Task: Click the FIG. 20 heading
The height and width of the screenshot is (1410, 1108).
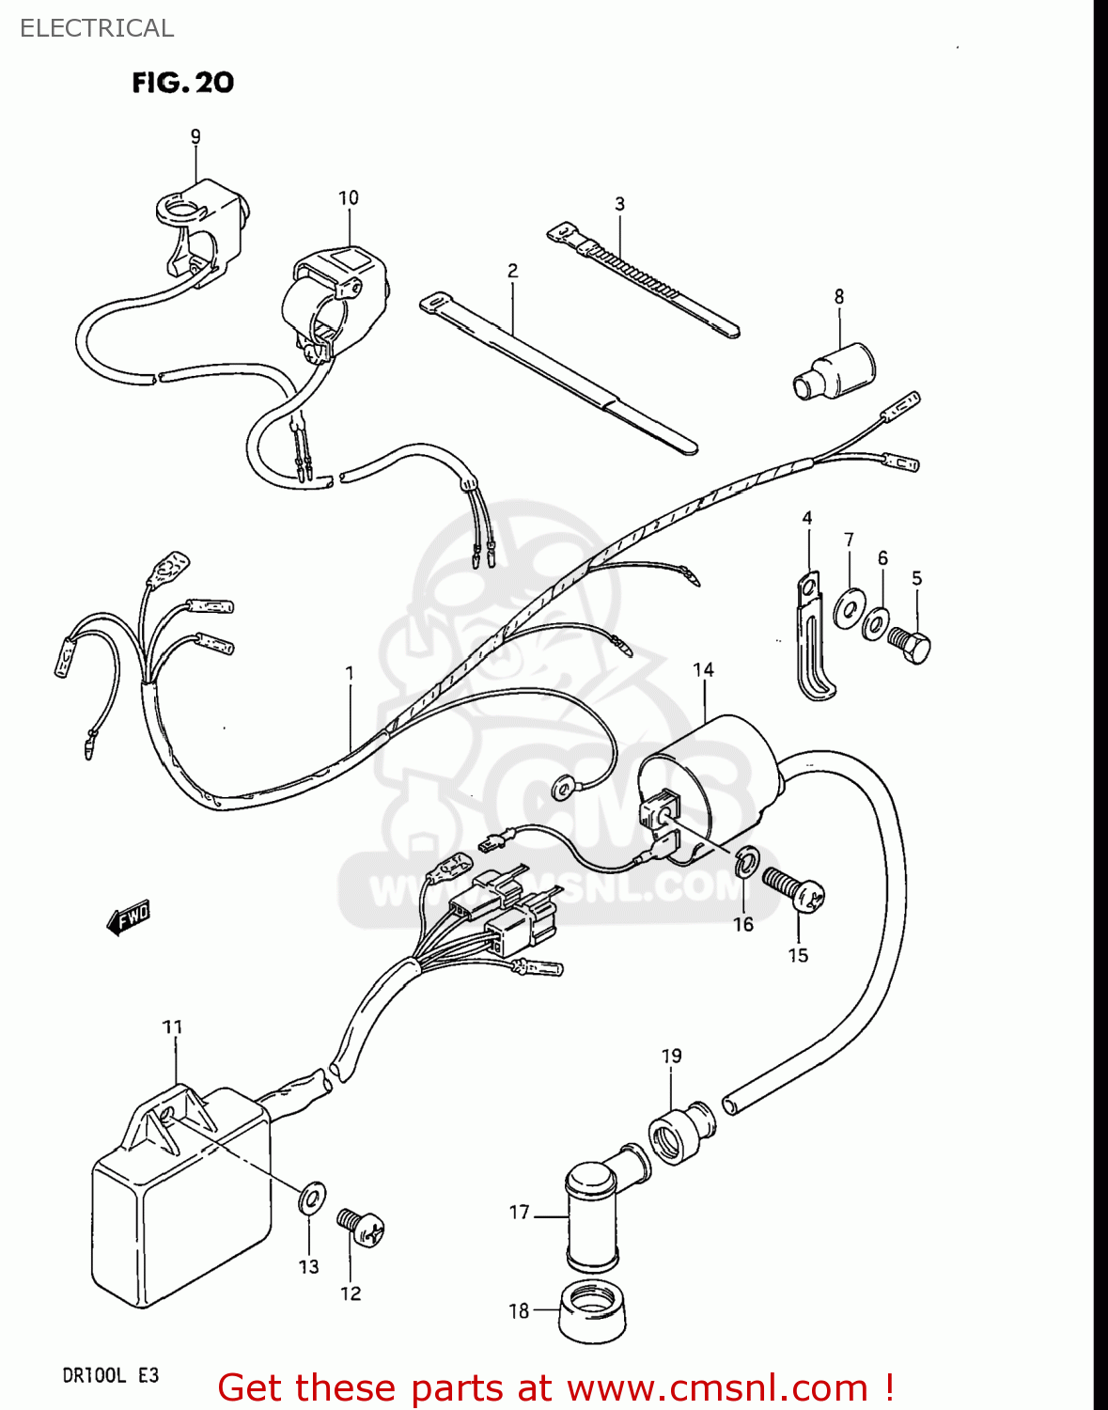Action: pyautogui.click(x=182, y=83)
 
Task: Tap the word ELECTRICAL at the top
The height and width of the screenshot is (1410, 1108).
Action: pyautogui.click(x=97, y=28)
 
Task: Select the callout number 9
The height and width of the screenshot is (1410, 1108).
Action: pyautogui.click(x=195, y=137)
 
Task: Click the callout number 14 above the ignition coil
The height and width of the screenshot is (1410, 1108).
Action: pyautogui.click(x=703, y=669)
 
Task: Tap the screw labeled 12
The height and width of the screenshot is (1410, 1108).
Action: pyautogui.click(x=362, y=1226)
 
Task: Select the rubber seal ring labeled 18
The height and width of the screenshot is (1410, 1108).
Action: pyautogui.click(x=592, y=1310)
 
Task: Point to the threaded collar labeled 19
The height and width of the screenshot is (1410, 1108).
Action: pyautogui.click(x=680, y=1133)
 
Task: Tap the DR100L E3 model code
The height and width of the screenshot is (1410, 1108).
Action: pyautogui.click(x=111, y=1375)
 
